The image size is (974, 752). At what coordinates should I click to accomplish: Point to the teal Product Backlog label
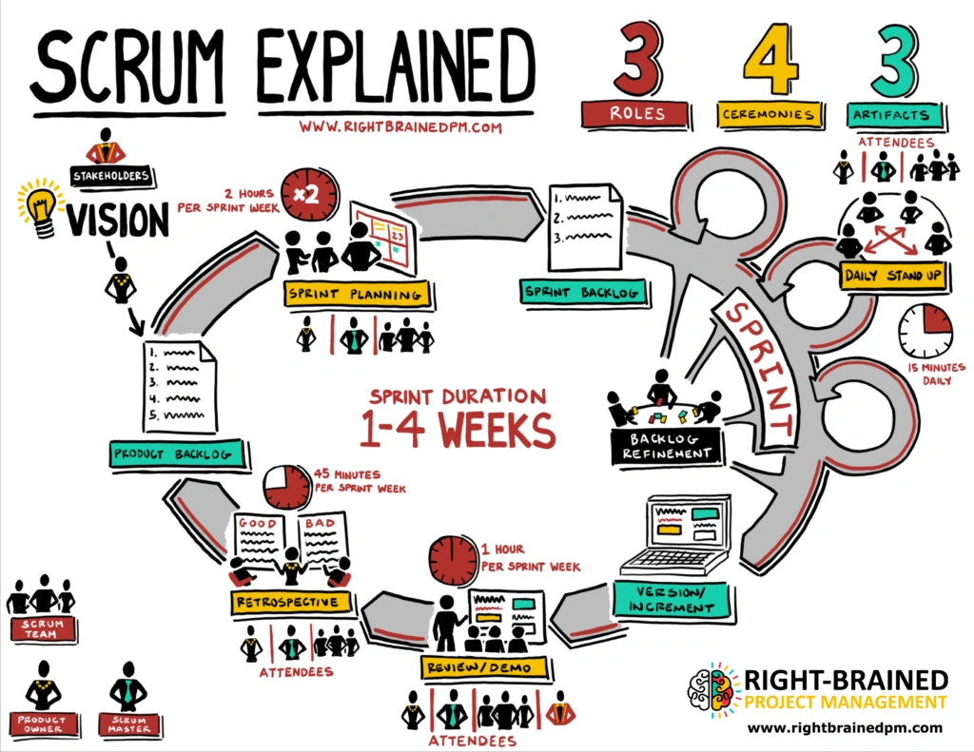point(171,453)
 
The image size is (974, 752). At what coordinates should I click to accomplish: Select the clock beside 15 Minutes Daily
point(925,331)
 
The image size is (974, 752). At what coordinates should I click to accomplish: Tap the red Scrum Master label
point(127,724)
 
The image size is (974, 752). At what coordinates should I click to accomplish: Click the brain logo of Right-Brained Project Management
point(712,690)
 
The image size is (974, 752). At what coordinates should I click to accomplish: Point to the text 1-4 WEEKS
point(457,430)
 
